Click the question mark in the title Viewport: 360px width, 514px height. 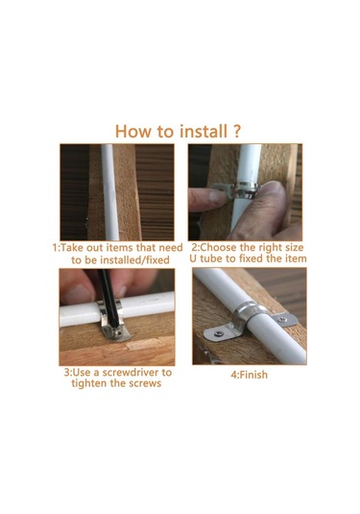pyautogui.click(x=237, y=131)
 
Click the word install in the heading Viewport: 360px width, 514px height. pyautogui.click(x=204, y=131)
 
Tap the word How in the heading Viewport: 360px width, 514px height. pyautogui.click(x=133, y=131)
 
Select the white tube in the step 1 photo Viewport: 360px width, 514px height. pyautogui.click(x=109, y=192)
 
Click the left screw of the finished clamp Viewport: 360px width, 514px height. pyautogui.click(x=219, y=333)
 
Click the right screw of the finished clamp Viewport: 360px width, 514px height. pyautogui.click(x=282, y=319)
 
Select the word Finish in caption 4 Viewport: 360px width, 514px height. pyautogui.click(x=253, y=375)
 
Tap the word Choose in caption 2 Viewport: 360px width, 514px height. pyautogui.click(x=218, y=247)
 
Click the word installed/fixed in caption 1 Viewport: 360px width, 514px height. pyautogui.click(x=134, y=260)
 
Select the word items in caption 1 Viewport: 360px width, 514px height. pyautogui.click(x=117, y=248)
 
